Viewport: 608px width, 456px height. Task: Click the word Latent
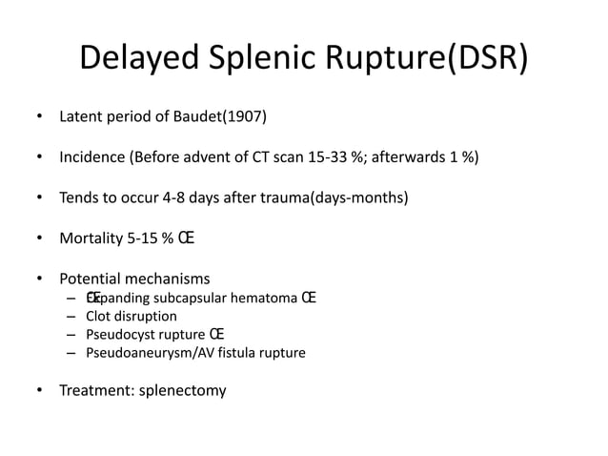[x=80, y=118]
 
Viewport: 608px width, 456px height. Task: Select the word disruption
[x=147, y=317]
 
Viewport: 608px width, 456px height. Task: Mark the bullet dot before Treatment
[x=39, y=390]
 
